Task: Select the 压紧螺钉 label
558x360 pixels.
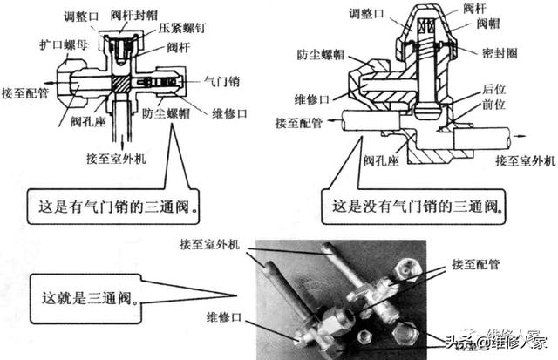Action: coord(183,29)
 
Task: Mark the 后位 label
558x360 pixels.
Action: coord(493,90)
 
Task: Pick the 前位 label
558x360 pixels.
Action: coord(493,104)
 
